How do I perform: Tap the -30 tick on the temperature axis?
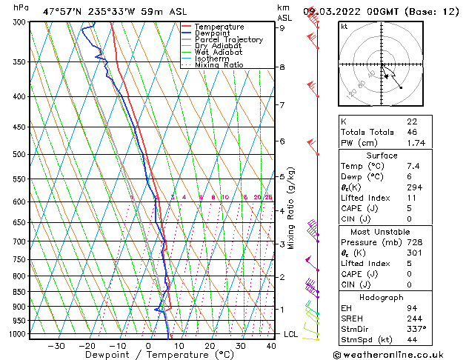pos(56,345)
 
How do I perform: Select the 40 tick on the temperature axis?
pos(272,345)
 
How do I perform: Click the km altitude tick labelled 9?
pos(282,28)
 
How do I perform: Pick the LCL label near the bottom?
pos(291,334)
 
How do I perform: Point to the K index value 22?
pos(412,121)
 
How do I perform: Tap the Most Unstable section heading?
pos(382,231)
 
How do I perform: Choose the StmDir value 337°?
pos(416,328)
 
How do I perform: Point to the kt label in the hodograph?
pos(344,27)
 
